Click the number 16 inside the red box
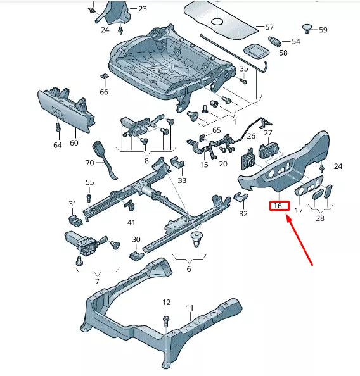tap(278, 206)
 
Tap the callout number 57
tap(269, 27)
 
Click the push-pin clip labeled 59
tap(307, 27)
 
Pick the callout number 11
tap(189, 308)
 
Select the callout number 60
tap(74, 142)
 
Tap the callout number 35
tap(244, 68)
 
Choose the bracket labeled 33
tap(177, 165)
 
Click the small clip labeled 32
tap(240, 199)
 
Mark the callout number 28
tap(319, 218)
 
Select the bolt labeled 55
tap(89, 197)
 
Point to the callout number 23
tap(142, 9)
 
